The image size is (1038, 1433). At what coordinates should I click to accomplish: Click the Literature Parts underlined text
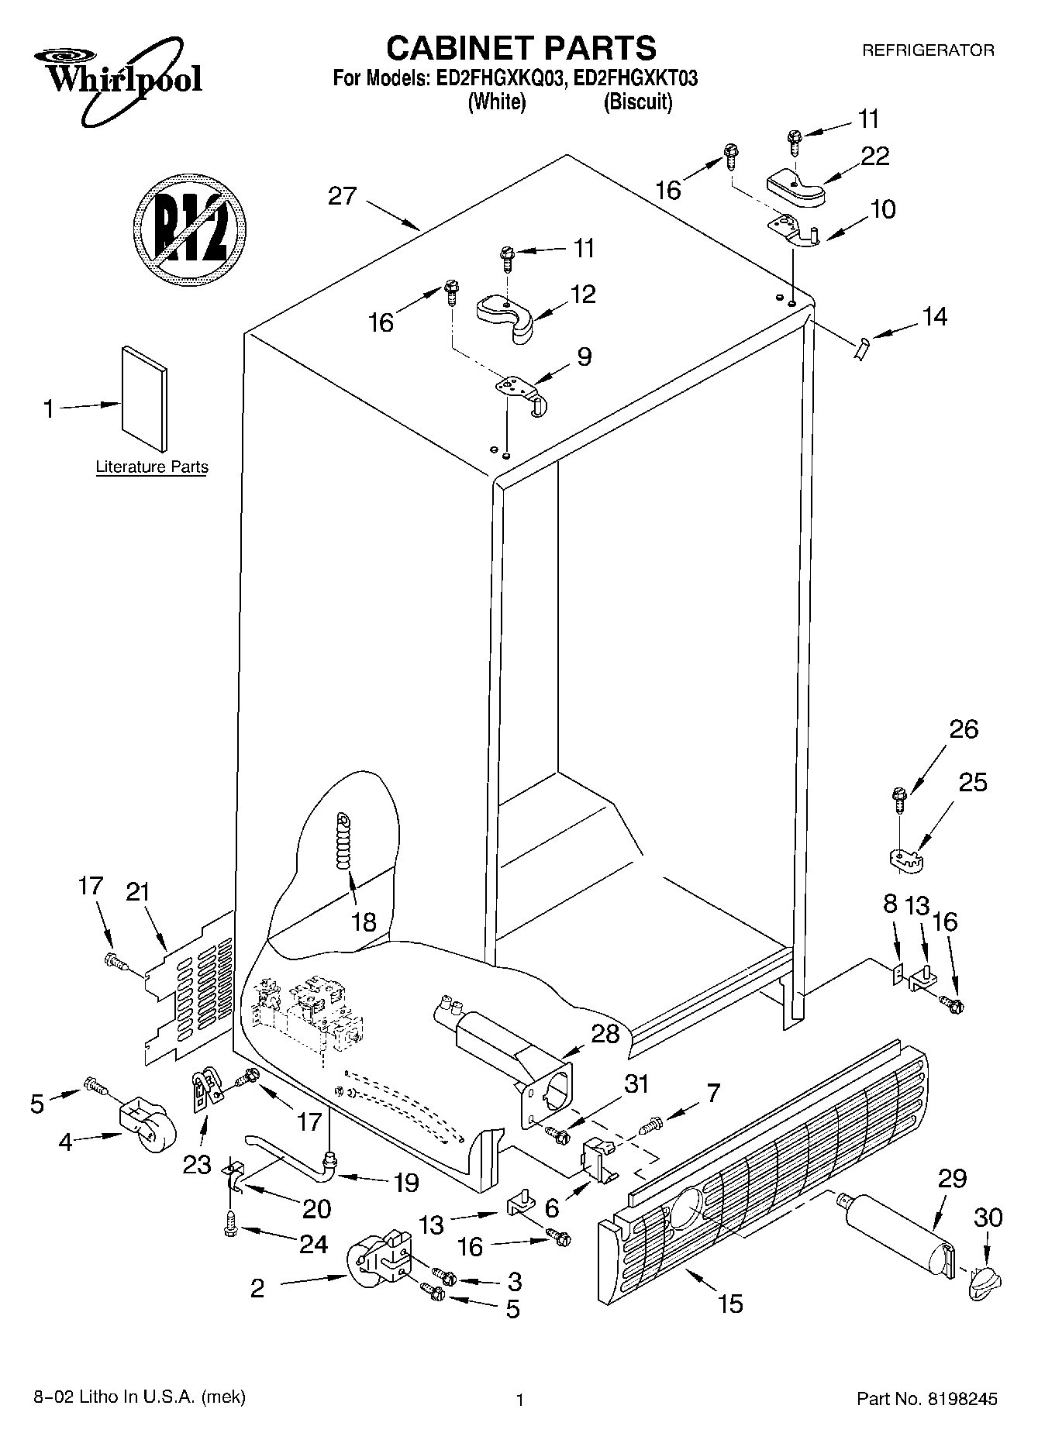(152, 467)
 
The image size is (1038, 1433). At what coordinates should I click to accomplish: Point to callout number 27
(342, 196)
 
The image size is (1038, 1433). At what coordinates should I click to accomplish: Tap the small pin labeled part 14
(860, 349)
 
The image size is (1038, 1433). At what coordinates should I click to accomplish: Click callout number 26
(964, 729)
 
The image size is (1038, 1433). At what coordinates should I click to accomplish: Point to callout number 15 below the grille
(730, 1304)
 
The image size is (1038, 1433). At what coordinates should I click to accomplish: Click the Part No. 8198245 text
(926, 1399)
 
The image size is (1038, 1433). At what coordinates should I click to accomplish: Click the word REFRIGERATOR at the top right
(928, 50)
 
